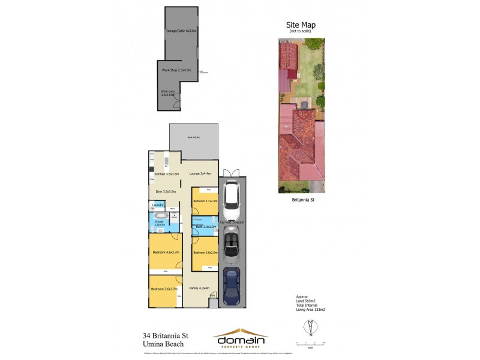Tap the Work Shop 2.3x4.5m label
pos(176,70)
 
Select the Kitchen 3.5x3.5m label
pos(167,174)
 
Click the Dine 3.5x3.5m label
pos(166,191)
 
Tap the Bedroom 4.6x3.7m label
pos(166,252)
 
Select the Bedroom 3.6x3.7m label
pos(163,289)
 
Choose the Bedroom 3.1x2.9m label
pos(205,200)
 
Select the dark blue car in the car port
pos(232,286)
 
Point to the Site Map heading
pos(301,25)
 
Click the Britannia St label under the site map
pos(303,200)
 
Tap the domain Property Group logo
pos(241,338)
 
